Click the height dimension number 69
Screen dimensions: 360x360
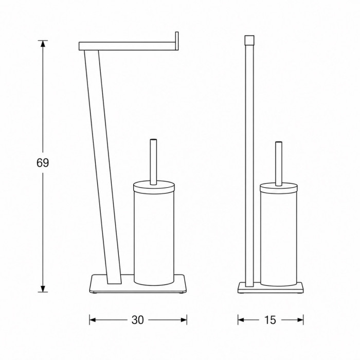click(x=43, y=163)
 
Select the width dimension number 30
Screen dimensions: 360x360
click(x=138, y=320)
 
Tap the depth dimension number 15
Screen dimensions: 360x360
click(x=270, y=320)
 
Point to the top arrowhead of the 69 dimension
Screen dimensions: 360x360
click(x=43, y=44)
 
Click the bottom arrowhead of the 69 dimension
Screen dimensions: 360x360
click(x=43, y=289)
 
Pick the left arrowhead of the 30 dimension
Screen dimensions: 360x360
click(x=93, y=320)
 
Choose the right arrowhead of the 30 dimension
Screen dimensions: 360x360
click(x=184, y=320)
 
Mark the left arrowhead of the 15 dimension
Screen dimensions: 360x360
click(x=241, y=320)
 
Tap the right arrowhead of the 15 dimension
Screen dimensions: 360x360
click(x=300, y=320)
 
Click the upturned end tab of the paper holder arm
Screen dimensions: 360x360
click(x=177, y=41)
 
